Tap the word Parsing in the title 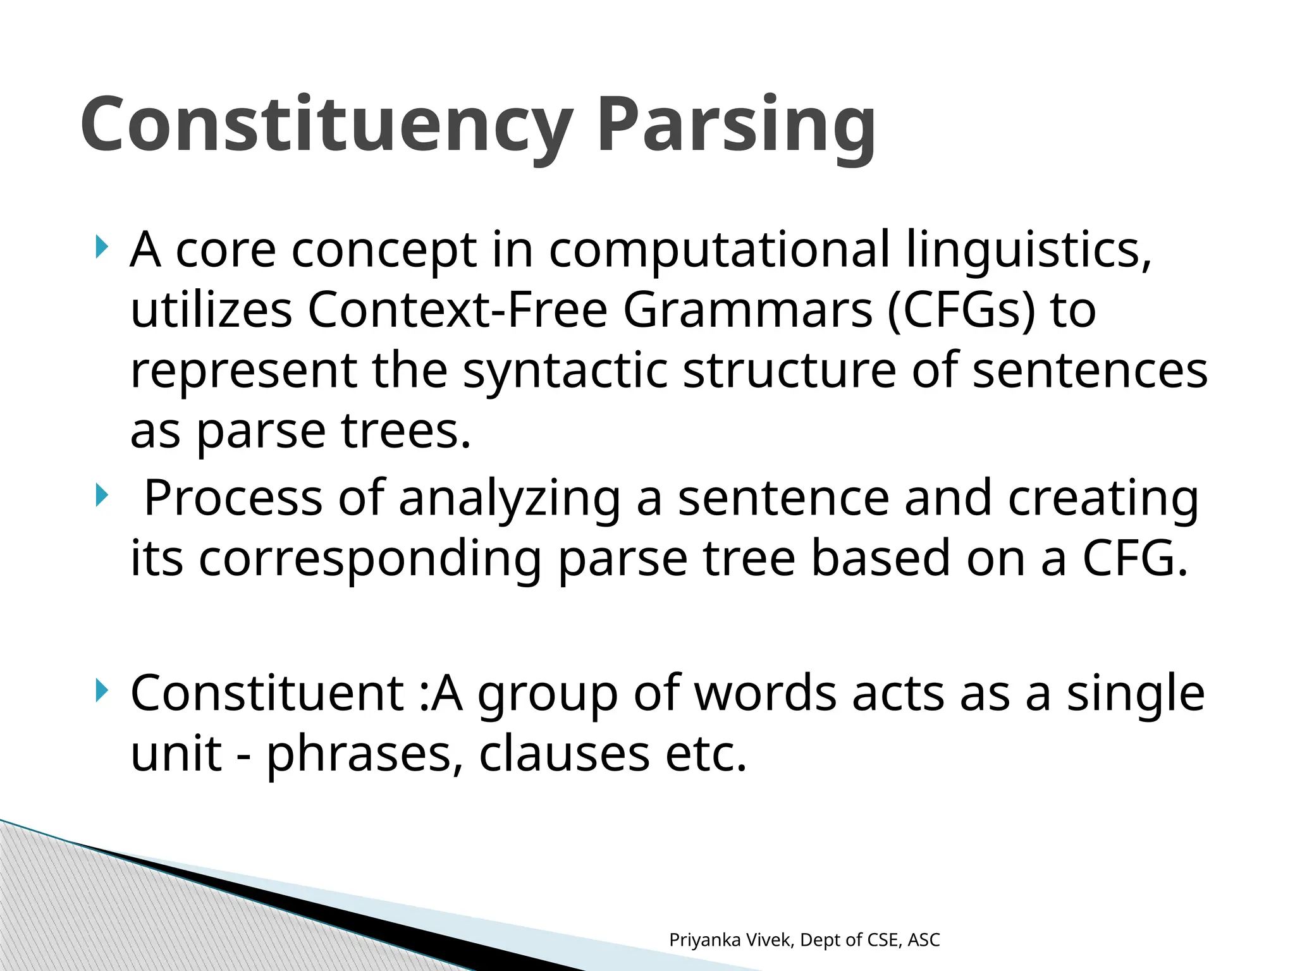(x=736, y=125)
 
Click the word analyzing (x=510, y=498)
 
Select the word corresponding (x=371, y=559)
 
